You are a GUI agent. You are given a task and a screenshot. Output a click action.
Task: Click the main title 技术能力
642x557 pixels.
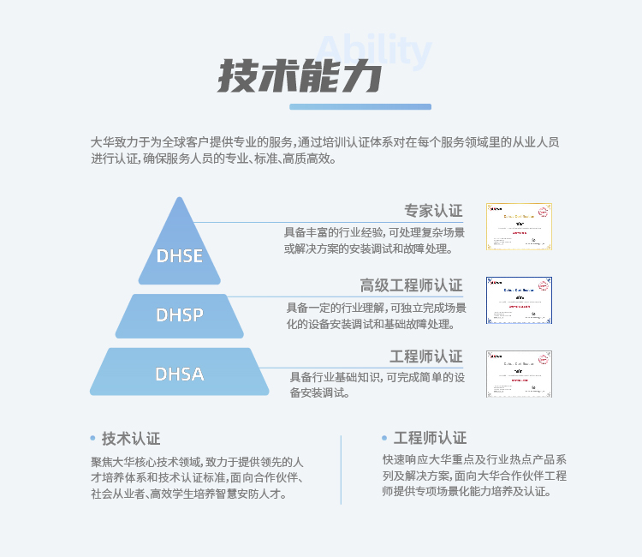[x=299, y=78]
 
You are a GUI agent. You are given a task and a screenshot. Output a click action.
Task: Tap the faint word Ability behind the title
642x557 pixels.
[x=373, y=51]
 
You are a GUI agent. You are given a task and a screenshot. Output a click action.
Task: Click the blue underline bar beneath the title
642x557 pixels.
[x=360, y=107]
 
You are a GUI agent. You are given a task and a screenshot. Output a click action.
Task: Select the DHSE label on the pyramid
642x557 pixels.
[x=180, y=256]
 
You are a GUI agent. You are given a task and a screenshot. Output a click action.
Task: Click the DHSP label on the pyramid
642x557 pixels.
[x=180, y=314]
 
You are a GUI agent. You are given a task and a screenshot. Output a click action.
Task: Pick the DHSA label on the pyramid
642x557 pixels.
[x=180, y=374]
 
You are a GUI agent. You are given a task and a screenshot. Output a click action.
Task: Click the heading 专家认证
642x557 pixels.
[x=433, y=211]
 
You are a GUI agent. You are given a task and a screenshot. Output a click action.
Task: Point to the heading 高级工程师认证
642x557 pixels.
[x=411, y=285]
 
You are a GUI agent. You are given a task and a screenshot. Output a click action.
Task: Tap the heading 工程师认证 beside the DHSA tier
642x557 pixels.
[x=425, y=356]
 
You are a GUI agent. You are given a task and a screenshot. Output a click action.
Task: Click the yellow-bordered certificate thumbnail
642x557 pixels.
[x=519, y=226]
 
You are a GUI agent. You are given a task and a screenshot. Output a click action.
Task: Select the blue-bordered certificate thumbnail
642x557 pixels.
[x=519, y=300]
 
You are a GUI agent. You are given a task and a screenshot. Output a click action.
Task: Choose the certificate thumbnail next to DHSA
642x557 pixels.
[x=519, y=373]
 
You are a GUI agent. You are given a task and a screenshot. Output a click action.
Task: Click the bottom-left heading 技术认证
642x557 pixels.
[x=131, y=438]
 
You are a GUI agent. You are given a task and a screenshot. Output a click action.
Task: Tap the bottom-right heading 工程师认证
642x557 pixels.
[x=430, y=438]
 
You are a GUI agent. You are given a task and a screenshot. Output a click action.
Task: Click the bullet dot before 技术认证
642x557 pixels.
[x=92, y=438]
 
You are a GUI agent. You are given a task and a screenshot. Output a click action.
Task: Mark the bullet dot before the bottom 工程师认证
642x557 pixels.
[x=384, y=438]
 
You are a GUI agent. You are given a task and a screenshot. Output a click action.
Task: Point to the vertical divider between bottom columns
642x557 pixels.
[x=341, y=469]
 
